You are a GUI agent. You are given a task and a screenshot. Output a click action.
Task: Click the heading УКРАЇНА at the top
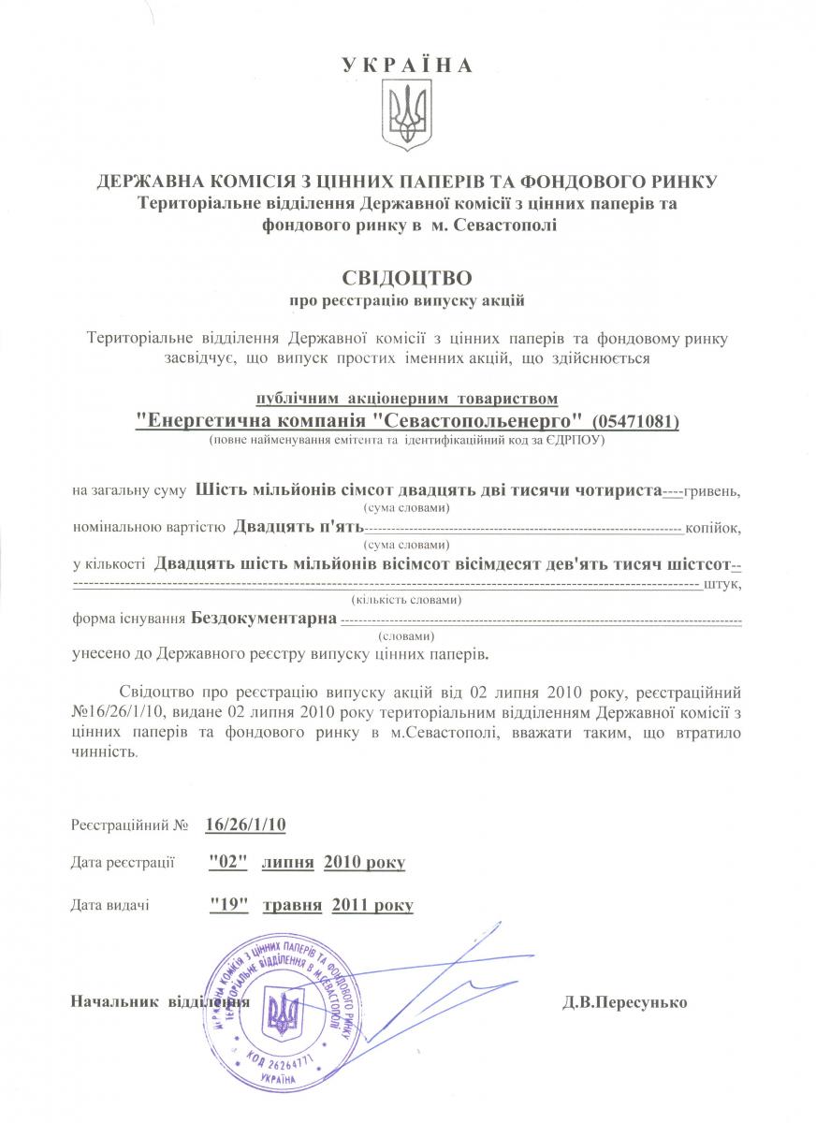(407, 66)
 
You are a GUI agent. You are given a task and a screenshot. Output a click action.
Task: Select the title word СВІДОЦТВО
(407, 278)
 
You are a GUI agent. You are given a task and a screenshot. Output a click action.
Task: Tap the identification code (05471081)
(635, 422)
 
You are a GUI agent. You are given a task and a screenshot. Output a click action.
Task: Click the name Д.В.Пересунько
(624, 1002)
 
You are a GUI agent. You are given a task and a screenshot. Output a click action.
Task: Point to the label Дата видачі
(110, 905)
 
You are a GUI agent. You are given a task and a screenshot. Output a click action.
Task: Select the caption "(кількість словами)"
(406, 600)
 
